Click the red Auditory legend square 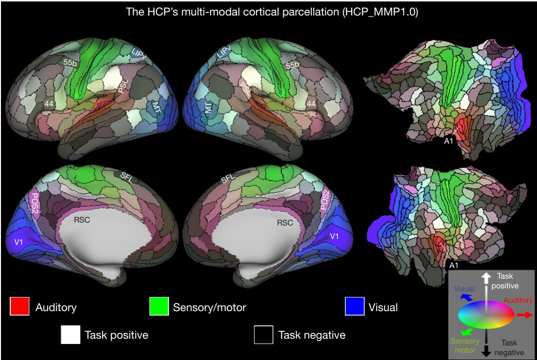(x=19, y=306)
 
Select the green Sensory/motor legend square (x=159, y=306)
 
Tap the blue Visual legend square (x=354, y=306)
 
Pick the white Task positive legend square (x=71, y=335)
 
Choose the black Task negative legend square (x=264, y=335)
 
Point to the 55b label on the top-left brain (x=70, y=63)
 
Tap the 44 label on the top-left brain (x=49, y=104)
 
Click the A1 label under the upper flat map (x=449, y=141)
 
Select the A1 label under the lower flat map (x=454, y=265)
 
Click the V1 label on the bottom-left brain (x=18, y=242)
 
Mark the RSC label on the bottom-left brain (x=82, y=220)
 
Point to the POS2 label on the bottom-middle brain (x=324, y=200)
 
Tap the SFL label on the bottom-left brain (x=126, y=178)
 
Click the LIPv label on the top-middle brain (x=224, y=52)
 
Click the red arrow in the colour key (x=525, y=315)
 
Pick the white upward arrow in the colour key (x=486, y=279)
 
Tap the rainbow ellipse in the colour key (x=486, y=315)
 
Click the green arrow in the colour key (x=467, y=331)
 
